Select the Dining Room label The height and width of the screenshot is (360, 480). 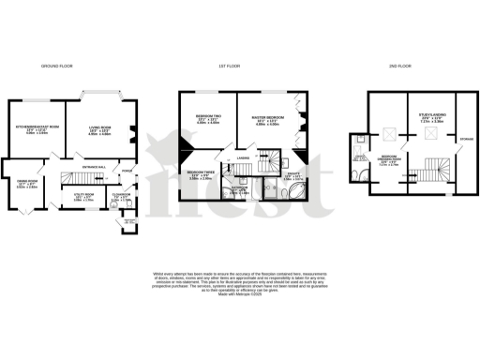pyautogui.click(x=26, y=182)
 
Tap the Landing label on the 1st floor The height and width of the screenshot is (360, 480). pyautogui.click(x=242, y=160)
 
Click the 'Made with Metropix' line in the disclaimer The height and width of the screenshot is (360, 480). pyautogui.click(x=239, y=294)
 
